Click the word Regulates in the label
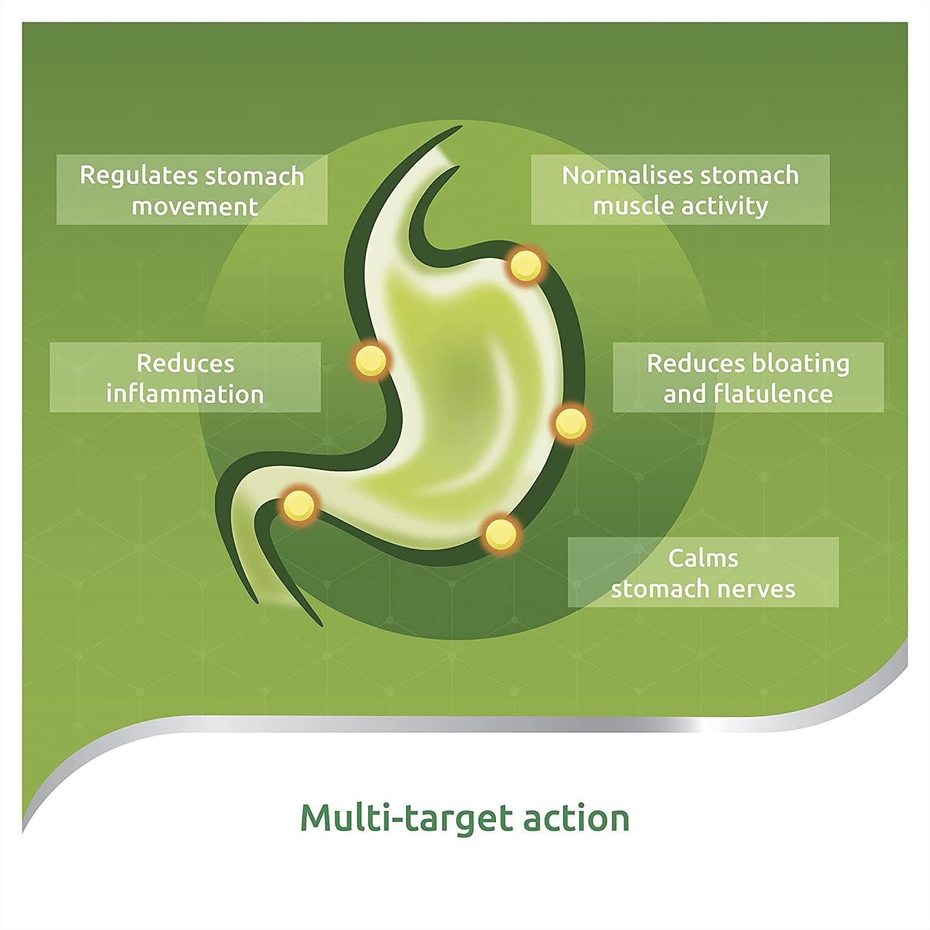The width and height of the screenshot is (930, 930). (139, 177)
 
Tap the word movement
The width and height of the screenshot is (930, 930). (195, 206)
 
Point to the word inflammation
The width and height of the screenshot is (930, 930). (185, 394)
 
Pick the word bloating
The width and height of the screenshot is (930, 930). (800, 364)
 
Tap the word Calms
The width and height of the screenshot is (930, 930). (703, 559)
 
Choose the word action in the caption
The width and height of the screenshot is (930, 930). (577, 818)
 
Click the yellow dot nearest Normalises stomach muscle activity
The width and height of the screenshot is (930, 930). (526, 266)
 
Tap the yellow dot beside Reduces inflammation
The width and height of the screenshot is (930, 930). (371, 360)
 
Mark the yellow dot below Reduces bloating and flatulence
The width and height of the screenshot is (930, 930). (570, 423)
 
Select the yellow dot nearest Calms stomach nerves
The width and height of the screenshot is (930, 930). (500, 533)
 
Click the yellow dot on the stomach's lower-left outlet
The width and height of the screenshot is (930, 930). (299, 505)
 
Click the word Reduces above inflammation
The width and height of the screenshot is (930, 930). (185, 364)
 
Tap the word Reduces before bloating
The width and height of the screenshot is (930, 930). (696, 364)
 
